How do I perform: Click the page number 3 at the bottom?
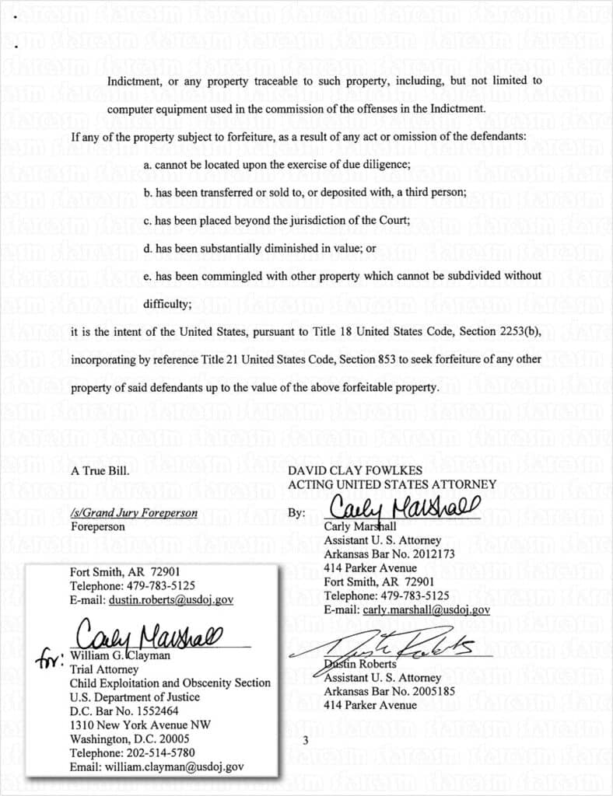click(305, 740)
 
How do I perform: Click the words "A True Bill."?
click(97, 470)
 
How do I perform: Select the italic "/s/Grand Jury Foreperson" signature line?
click(134, 513)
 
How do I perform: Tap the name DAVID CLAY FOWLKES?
click(355, 470)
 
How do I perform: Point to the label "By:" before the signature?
click(296, 513)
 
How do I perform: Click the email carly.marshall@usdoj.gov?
click(426, 610)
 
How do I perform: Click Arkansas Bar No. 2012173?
click(378, 553)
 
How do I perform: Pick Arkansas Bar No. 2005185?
click(378, 691)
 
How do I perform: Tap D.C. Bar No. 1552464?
click(124, 710)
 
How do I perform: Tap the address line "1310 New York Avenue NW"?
click(141, 724)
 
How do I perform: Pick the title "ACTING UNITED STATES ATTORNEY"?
click(391, 484)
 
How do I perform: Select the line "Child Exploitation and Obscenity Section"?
click(170, 683)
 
